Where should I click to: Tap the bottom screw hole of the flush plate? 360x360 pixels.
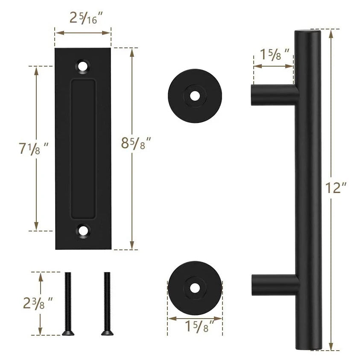point(84,231)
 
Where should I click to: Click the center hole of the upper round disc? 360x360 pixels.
point(195,96)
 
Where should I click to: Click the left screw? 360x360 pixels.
point(67,303)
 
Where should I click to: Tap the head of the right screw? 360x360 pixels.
point(105,332)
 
